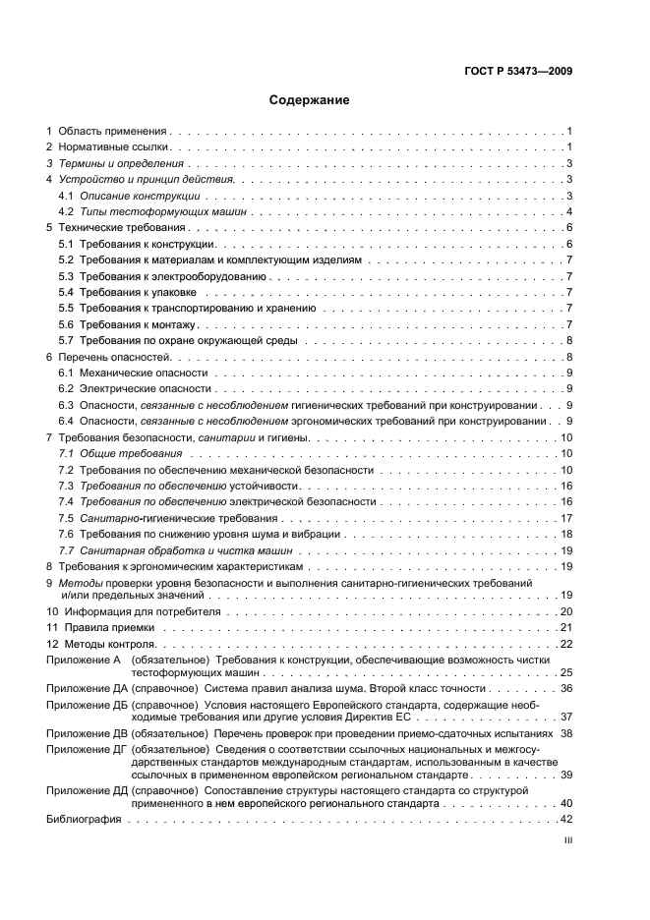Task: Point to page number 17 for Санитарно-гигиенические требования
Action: [x=566, y=518]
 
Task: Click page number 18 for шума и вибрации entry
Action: [x=566, y=534]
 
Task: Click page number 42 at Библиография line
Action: [x=566, y=819]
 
